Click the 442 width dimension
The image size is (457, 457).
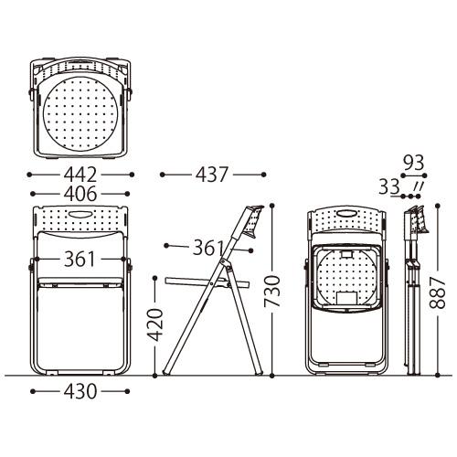click(80, 175)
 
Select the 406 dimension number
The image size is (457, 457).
click(80, 194)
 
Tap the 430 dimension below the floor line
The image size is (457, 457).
click(80, 391)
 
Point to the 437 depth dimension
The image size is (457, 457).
click(212, 175)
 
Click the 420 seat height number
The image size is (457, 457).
click(155, 324)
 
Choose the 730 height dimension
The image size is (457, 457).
click(272, 291)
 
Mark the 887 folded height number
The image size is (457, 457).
click(438, 293)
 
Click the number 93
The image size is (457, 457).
click(414, 163)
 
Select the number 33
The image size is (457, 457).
click(389, 186)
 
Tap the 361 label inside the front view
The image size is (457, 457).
click(80, 260)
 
